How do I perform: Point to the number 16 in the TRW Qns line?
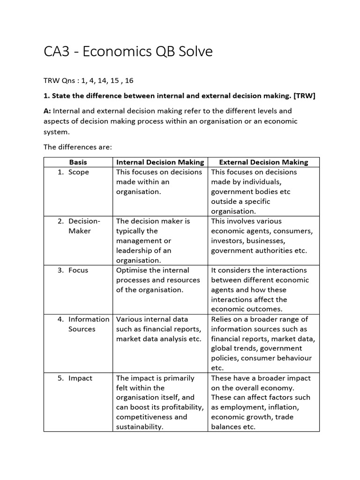(129, 81)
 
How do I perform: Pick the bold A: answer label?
(48, 111)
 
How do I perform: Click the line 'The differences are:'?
(78, 147)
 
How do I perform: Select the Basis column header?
(78, 162)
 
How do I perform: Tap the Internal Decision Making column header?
(160, 162)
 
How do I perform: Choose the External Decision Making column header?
(263, 162)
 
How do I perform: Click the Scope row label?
(78, 172)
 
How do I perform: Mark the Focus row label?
(78, 270)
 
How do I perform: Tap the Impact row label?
(80, 378)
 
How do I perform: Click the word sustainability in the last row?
(139, 427)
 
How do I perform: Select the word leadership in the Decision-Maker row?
(136, 251)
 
